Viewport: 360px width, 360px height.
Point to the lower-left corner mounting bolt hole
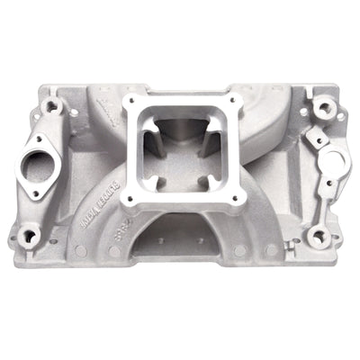[x=30, y=237]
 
